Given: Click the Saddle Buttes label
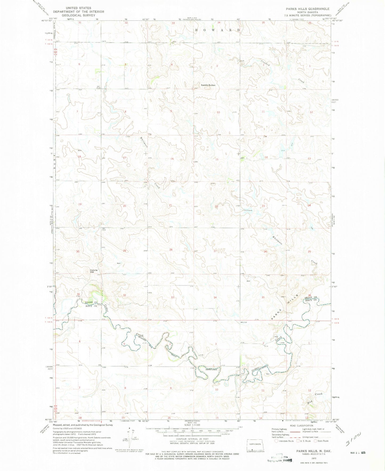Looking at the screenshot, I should tap(208, 85).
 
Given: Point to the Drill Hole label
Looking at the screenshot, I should tap(247, 210).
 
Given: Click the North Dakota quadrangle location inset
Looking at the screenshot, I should tap(255, 444).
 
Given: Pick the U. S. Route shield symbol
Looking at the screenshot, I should tap(298, 441).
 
